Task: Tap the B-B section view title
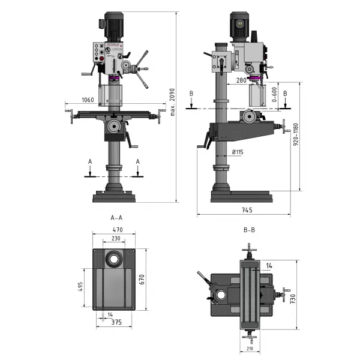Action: click(x=249, y=230)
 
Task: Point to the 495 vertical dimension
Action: click(x=80, y=287)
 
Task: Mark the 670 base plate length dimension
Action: click(x=143, y=279)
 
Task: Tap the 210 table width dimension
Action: click(x=249, y=349)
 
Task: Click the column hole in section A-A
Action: click(x=113, y=259)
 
